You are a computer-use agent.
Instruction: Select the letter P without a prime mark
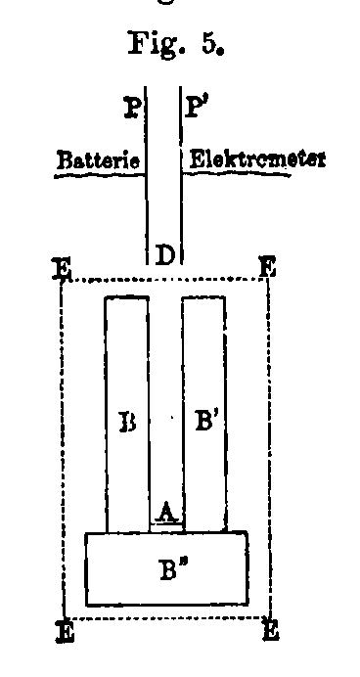pos(131,108)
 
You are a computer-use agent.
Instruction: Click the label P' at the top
pos(196,108)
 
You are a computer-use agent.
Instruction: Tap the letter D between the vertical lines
pos(165,256)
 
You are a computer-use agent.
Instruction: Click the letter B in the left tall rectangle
pos(127,425)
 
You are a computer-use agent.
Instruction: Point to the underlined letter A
pos(166,512)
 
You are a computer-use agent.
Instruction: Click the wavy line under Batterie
pos(95,173)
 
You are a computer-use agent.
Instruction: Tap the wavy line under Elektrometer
pos(254,172)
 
